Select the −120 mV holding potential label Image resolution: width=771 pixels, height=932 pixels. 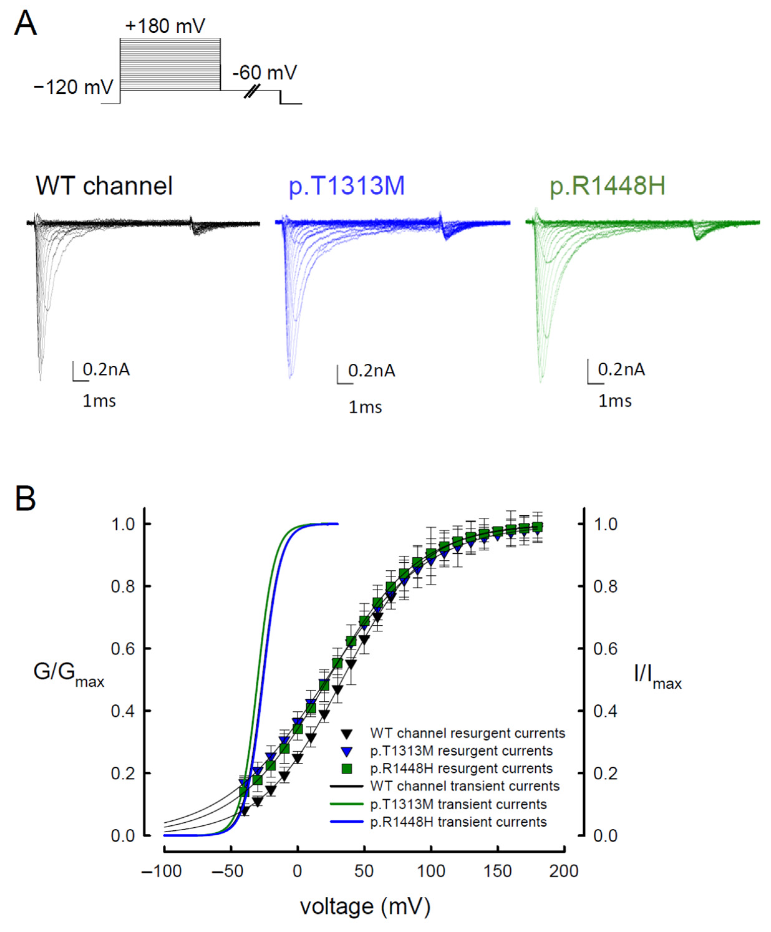[74, 87]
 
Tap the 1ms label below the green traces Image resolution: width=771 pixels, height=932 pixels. [615, 401]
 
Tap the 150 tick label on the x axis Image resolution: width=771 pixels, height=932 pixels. [497, 871]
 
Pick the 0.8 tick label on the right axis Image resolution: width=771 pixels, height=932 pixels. [605, 587]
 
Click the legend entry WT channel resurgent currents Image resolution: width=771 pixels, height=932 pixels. [467, 733]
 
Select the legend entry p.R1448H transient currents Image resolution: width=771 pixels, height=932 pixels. [458, 822]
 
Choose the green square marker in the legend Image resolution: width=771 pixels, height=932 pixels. [347, 769]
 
